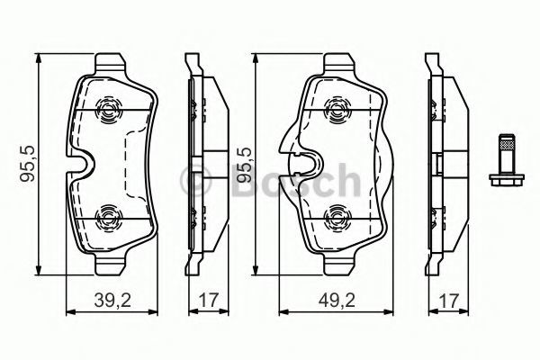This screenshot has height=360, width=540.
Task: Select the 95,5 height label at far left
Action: click(28, 163)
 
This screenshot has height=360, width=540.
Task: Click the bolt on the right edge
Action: click(507, 159)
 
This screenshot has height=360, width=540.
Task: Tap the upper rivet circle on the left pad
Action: click(108, 110)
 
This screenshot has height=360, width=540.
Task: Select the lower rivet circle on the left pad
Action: click(108, 219)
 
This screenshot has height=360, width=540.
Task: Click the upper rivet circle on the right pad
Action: click(337, 110)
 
